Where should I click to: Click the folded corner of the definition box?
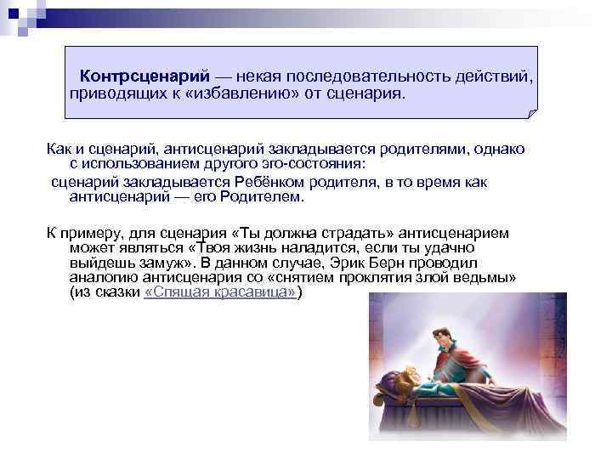[x=532, y=113]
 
